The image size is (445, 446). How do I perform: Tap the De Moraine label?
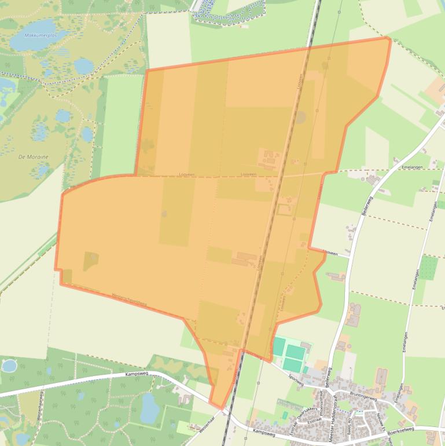click(x=34, y=156)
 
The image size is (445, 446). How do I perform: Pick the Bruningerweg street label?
click(x=363, y=398)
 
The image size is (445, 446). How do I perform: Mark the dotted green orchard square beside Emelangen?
click(x=428, y=267)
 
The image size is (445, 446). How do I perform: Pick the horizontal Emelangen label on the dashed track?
click(x=410, y=167)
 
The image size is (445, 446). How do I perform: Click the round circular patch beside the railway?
click(x=300, y=118)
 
